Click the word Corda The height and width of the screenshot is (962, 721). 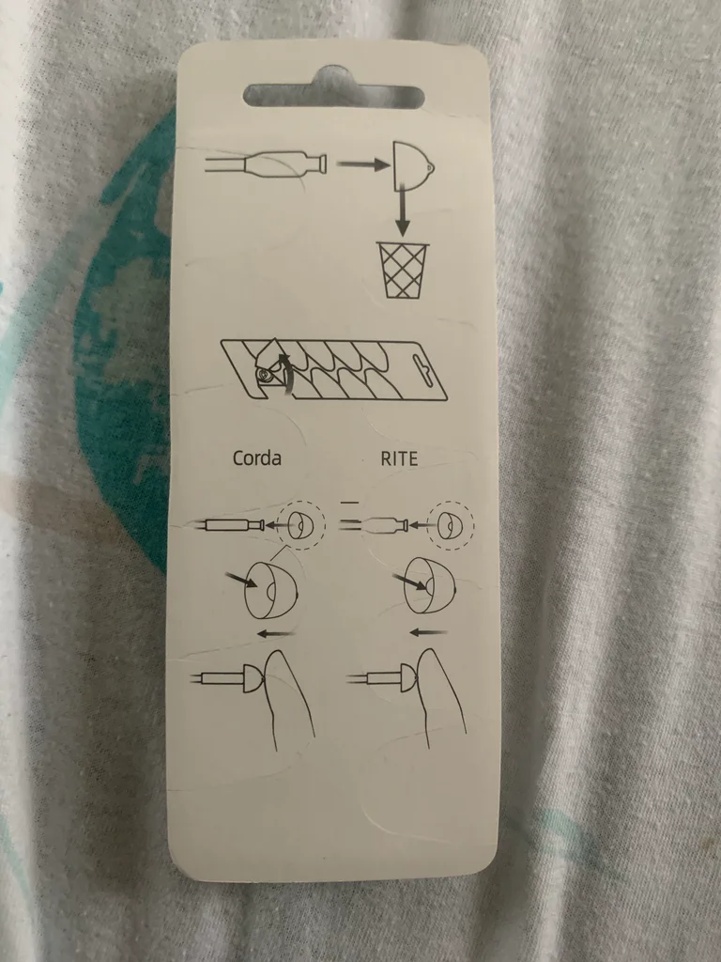pos(257,458)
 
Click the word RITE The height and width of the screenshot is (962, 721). pos(399,458)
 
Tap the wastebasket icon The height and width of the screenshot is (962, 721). pos(402,271)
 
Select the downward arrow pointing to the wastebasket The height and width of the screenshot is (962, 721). pos(402,211)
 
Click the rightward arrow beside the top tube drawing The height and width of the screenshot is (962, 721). pos(363,163)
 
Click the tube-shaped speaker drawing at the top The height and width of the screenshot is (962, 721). pos(266,164)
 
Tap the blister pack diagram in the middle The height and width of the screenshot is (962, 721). pos(334,370)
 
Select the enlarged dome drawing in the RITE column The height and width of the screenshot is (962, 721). pos(430,585)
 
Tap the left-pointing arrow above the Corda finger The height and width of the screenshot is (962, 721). pos(276,633)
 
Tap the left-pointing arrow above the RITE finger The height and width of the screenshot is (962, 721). pos(428,632)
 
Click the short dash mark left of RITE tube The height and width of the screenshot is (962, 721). pos(349,503)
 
